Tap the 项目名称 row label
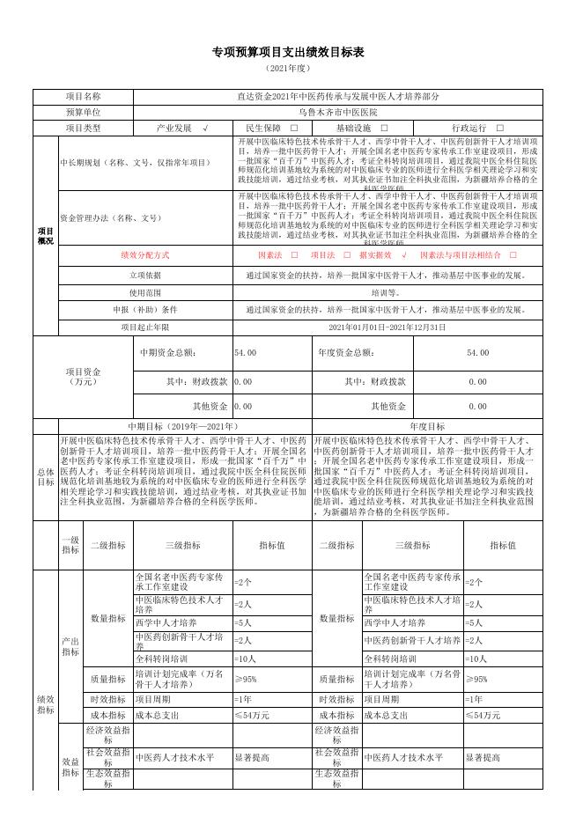(83, 97)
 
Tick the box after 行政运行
(500, 129)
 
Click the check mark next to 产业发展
(204, 129)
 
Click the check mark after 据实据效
(403, 255)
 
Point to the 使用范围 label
(145, 292)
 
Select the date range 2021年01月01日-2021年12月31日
(387, 327)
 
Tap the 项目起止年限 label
(145, 327)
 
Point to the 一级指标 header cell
(70, 545)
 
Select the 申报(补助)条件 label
(145, 310)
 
